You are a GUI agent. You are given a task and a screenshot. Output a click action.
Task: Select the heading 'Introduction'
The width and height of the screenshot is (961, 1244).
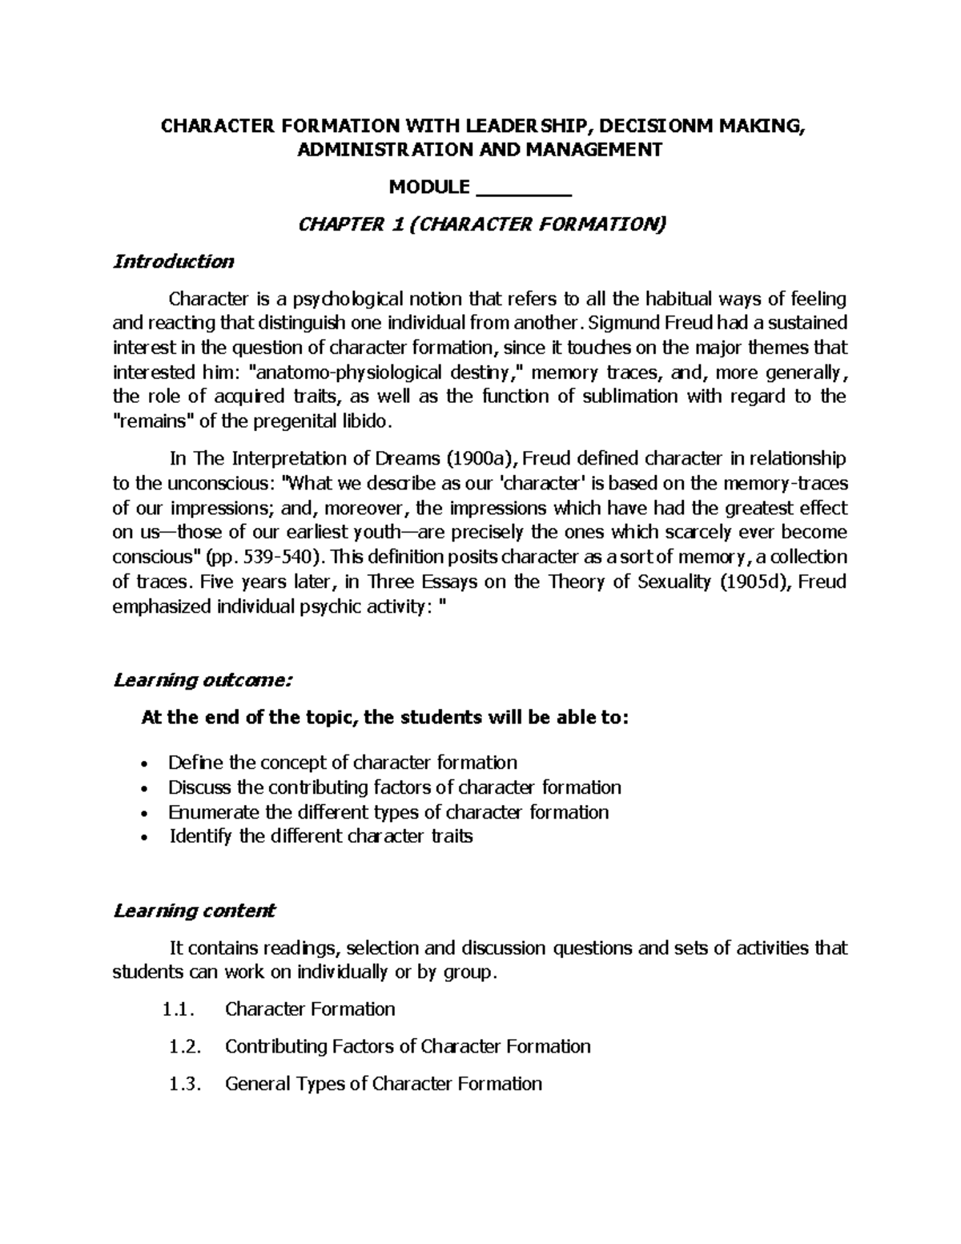[x=174, y=261]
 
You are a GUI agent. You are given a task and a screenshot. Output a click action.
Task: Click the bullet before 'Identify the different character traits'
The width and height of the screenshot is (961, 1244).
[x=143, y=838]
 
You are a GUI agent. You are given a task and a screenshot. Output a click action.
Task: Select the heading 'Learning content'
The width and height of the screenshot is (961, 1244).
[x=195, y=911]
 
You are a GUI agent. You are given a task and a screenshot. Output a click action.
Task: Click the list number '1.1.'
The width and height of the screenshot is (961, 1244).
[x=178, y=1009]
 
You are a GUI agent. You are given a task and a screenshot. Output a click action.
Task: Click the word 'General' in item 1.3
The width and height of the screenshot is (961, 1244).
[x=259, y=1085]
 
